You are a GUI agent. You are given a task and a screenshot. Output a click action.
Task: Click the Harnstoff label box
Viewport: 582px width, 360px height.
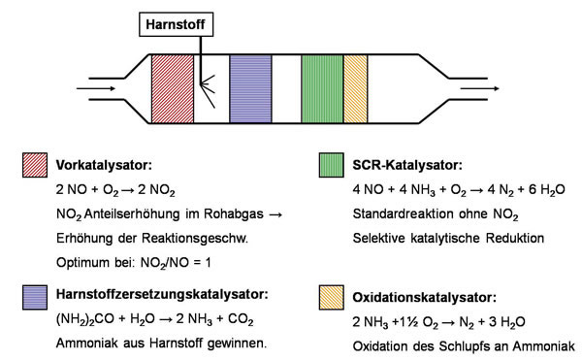[x=176, y=24]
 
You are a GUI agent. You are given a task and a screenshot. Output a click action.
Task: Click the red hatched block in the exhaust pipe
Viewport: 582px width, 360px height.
[x=173, y=88]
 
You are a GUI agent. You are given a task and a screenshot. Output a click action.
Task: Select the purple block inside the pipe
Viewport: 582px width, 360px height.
[x=250, y=88]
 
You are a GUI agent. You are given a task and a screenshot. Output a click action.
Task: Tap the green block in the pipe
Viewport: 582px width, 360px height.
[x=323, y=88]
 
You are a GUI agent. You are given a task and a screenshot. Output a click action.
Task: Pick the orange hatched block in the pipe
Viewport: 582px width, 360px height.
[x=356, y=88]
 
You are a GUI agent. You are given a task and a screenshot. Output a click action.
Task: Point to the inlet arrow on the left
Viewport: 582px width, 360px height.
[x=96, y=88]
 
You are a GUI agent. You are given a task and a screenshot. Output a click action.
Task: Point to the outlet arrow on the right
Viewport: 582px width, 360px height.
[x=479, y=88]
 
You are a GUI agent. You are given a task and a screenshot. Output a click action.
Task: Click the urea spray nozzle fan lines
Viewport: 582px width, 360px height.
[x=208, y=91]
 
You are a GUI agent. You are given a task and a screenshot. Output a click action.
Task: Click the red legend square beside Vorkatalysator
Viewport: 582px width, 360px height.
[x=35, y=165]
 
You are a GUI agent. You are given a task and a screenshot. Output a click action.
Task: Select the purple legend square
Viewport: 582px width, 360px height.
[x=35, y=297]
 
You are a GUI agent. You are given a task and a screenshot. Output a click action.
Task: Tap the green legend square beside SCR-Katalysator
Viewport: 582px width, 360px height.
[x=332, y=165]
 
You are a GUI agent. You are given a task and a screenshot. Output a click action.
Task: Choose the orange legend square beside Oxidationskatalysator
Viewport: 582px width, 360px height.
[x=332, y=297]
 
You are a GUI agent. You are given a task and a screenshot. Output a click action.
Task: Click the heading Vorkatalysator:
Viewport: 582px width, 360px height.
[x=105, y=165]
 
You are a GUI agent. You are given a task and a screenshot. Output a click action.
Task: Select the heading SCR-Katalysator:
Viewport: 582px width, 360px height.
[x=407, y=165]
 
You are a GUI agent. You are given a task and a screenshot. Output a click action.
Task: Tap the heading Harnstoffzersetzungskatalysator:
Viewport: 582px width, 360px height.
[x=162, y=294]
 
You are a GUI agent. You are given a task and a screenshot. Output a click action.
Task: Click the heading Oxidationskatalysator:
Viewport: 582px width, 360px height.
[x=424, y=297]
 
